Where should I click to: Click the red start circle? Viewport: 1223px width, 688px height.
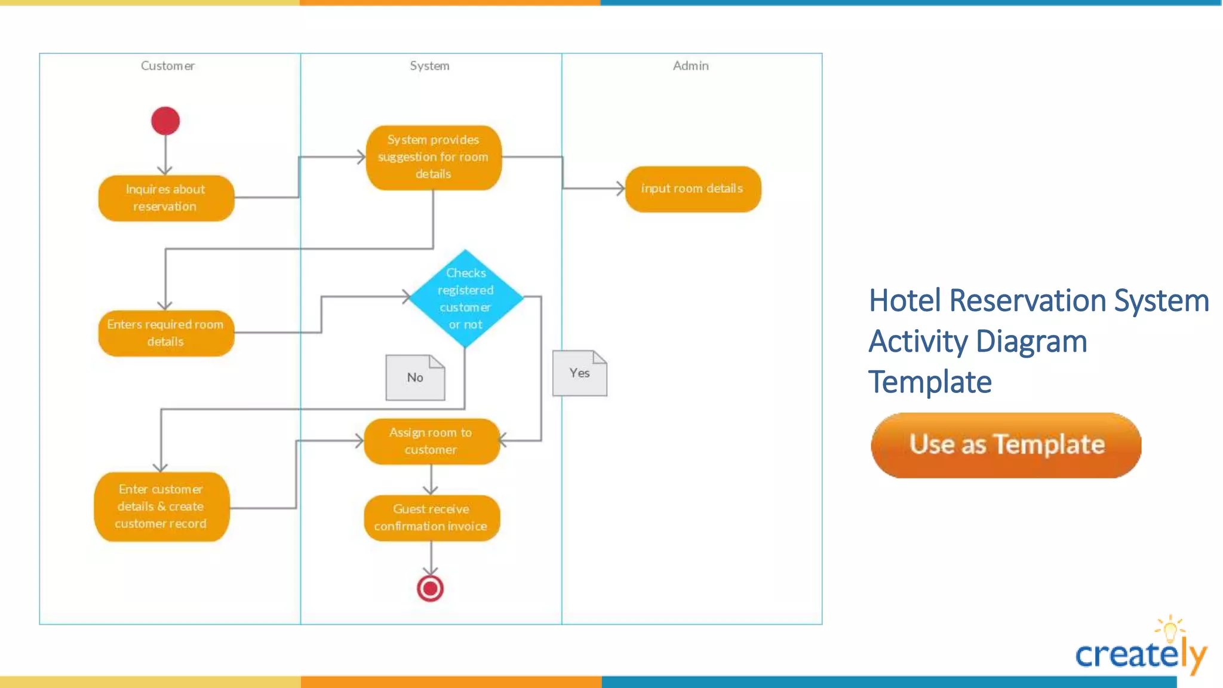pos(165,121)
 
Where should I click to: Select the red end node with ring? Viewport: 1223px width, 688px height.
pos(430,588)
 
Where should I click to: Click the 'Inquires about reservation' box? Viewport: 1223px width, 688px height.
pos(166,198)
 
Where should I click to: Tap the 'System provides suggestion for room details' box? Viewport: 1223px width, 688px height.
pos(434,157)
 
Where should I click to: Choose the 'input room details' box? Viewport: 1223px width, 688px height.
pos(693,189)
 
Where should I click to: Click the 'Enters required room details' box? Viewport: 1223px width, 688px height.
pos(166,333)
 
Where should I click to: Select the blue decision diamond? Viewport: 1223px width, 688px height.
pos(465,298)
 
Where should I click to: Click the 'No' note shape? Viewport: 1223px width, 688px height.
pos(415,377)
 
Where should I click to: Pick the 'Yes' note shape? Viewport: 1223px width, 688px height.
pos(579,373)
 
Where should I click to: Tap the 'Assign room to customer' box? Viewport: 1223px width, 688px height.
pos(431,441)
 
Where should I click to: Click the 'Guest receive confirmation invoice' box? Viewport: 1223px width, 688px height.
pos(431,518)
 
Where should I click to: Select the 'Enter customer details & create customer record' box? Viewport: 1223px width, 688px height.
pos(161,506)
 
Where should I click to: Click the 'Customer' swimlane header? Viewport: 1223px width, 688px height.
pos(168,66)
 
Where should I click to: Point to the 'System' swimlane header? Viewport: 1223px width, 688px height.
pos(429,66)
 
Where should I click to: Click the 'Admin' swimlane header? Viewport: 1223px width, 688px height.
pos(691,66)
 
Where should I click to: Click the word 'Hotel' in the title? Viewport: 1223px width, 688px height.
pos(904,300)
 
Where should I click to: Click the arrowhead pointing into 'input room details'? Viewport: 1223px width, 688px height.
pos(621,189)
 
